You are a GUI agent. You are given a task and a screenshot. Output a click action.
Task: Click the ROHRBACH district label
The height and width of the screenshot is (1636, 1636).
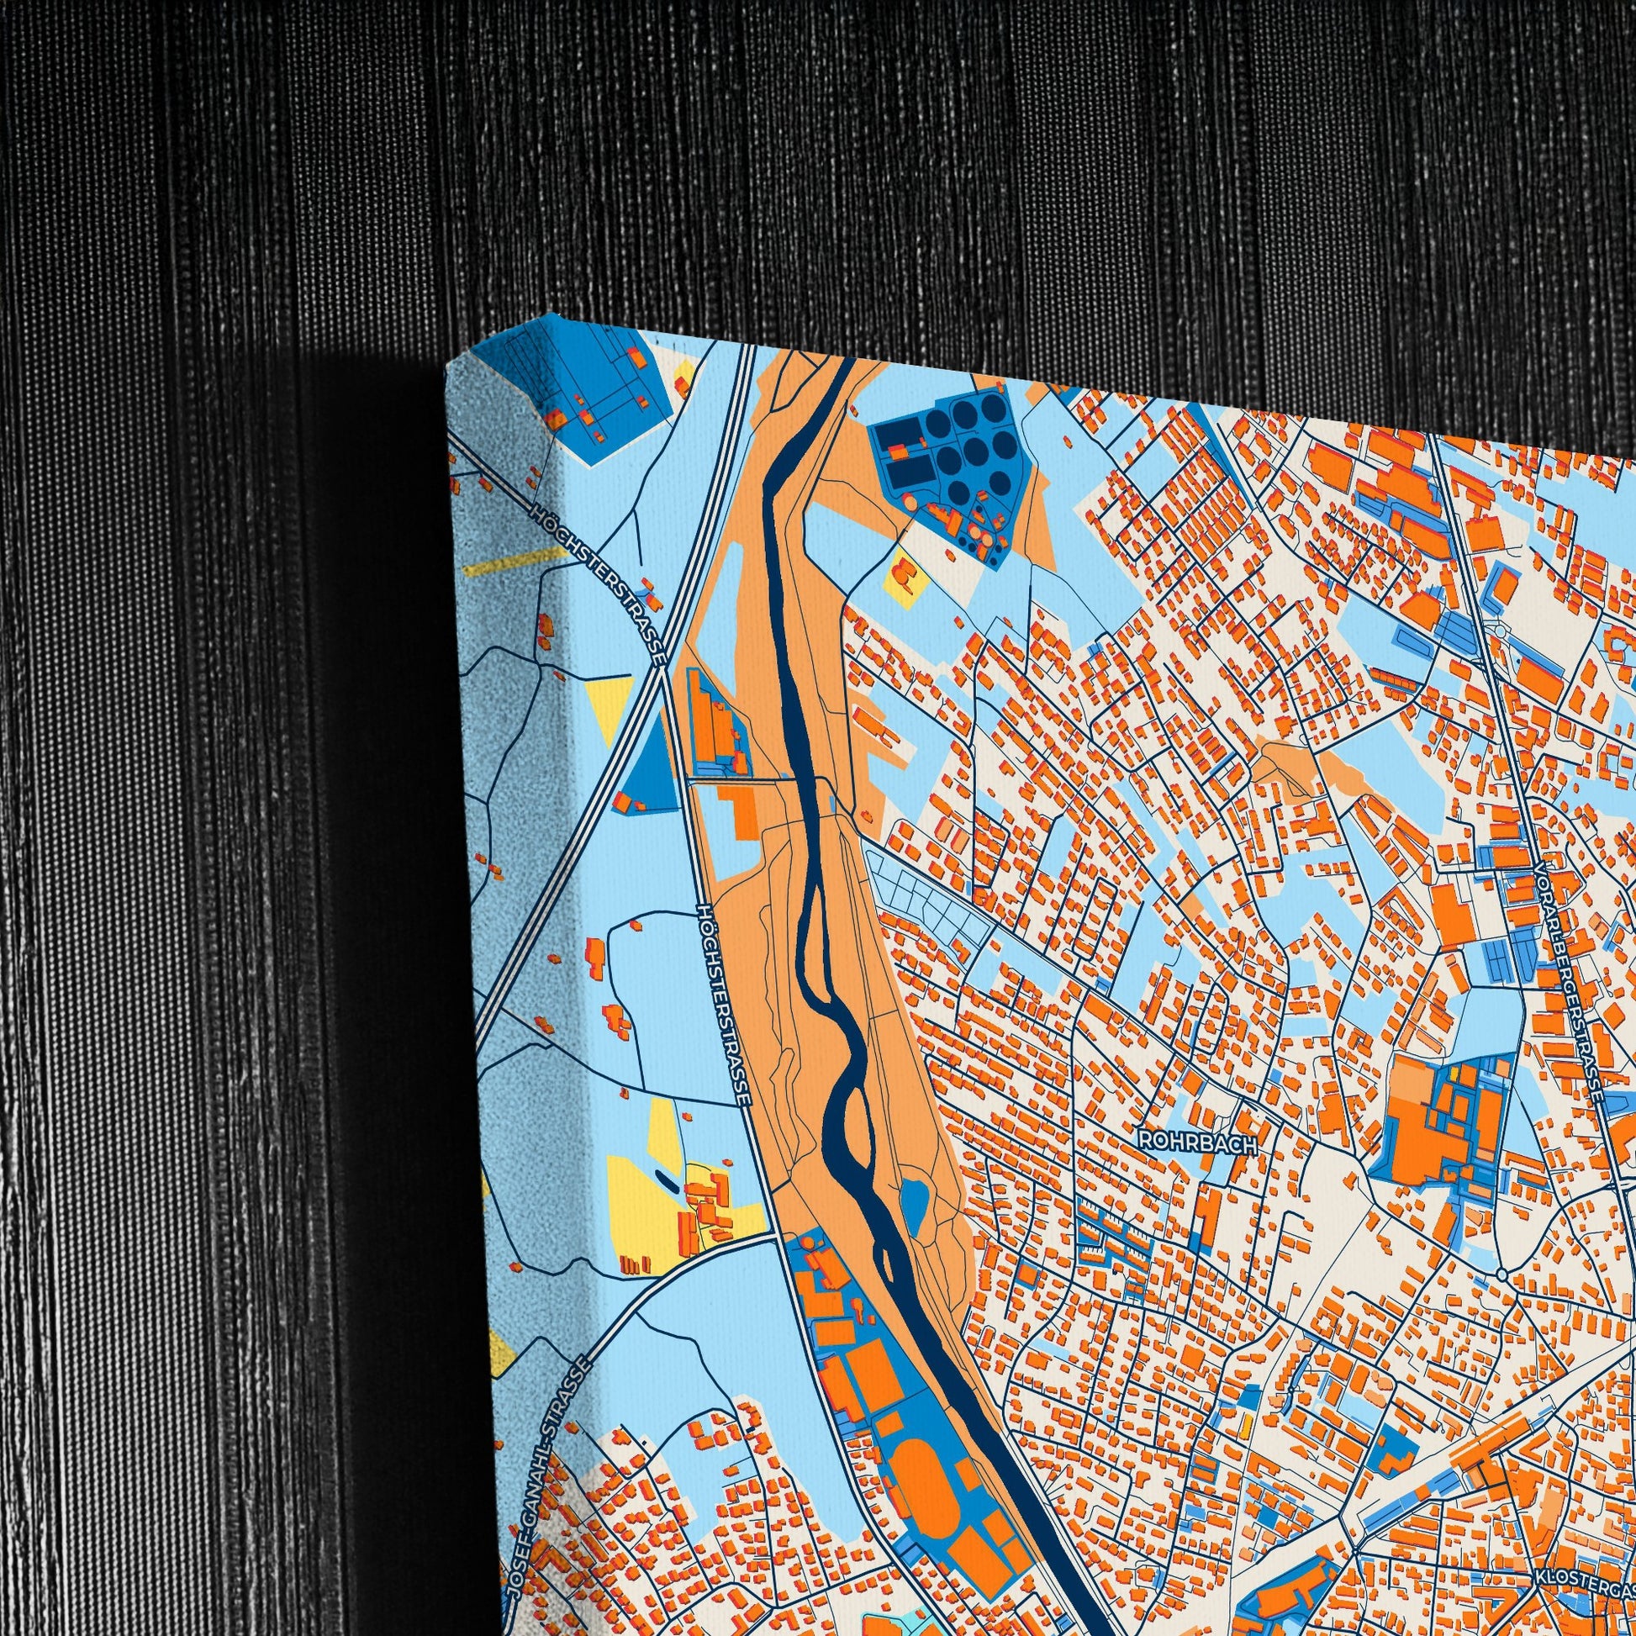[1197, 1141]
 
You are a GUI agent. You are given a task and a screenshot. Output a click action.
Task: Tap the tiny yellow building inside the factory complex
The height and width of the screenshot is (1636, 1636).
[1454, 1073]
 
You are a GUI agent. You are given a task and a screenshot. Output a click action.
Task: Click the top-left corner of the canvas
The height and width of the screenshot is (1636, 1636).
[447, 371]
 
